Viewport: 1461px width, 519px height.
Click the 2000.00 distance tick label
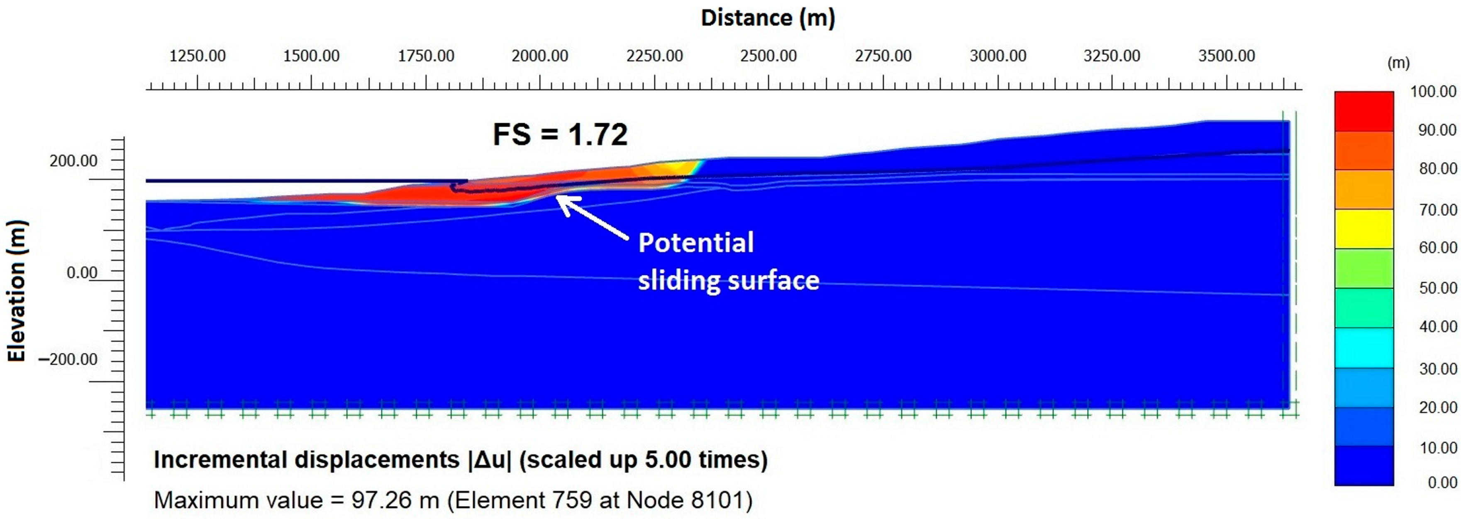[x=539, y=56]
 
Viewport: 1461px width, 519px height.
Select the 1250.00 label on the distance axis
[x=198, y=56]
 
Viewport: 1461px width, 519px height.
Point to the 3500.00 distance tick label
[x=1226, y=56]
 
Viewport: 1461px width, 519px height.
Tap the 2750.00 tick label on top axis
[x=883, y=56]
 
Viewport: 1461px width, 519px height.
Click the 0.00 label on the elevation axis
[x=82, y=273]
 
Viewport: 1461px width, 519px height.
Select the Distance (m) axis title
[x=768, y=18]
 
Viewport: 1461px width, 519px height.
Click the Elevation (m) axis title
[x=17, y=290]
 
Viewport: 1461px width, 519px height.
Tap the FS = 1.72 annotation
[x=560, y=135]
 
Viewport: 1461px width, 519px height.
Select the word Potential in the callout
[x=696, y=243]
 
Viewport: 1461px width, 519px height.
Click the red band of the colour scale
[x=1363, y=111]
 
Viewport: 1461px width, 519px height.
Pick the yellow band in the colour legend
[x=1363, y=229]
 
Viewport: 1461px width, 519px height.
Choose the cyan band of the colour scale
[x=1363, y=347]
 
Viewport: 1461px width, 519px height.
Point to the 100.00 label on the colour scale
[x=1433, y=92]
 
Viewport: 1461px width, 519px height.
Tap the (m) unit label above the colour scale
[x=1398, y=63]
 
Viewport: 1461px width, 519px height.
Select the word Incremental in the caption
[x=222, y=459]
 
